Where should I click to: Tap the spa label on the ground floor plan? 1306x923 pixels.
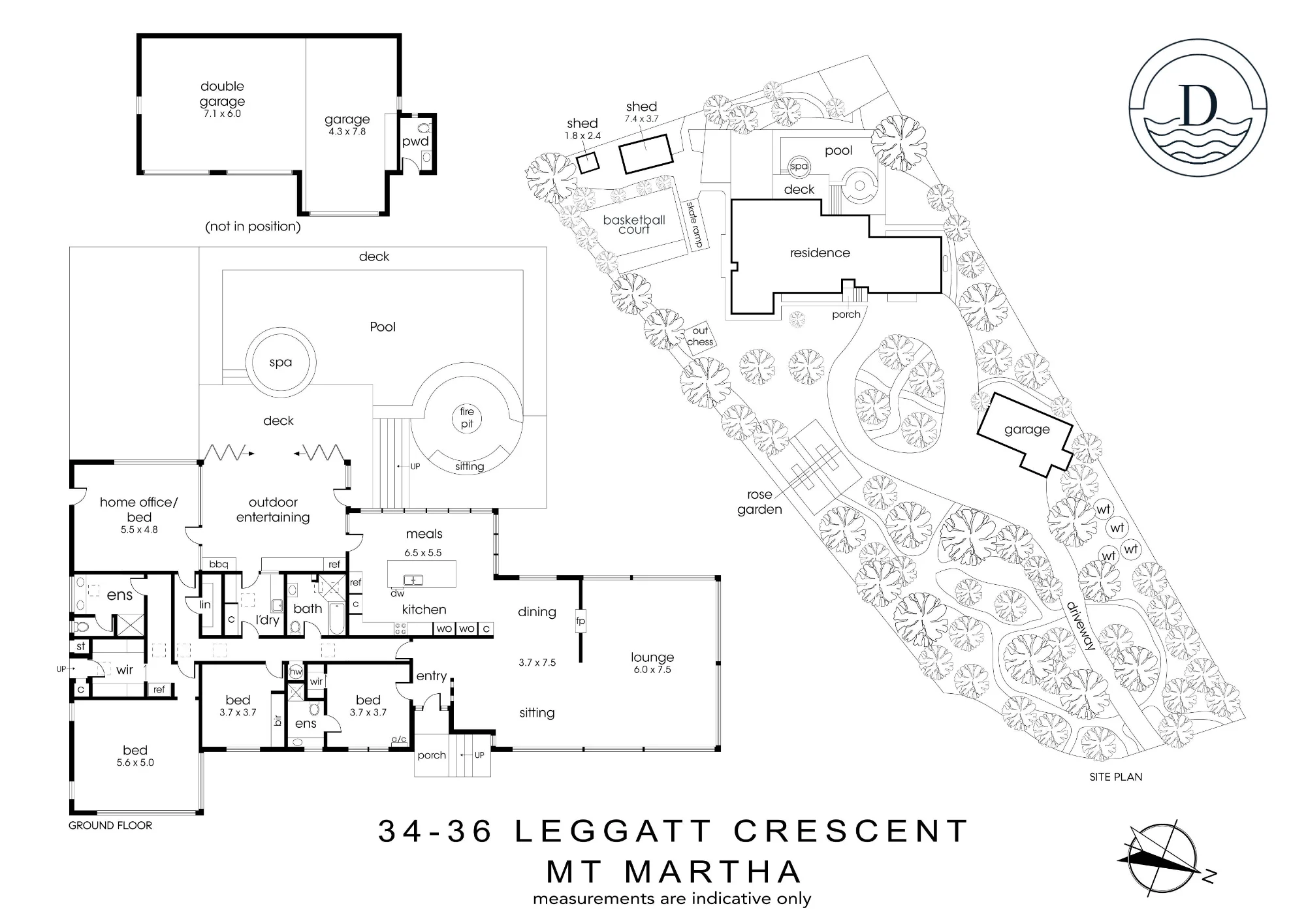click(281, 363)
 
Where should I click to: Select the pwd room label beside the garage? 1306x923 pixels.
click(415, 142)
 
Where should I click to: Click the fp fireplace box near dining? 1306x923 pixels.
click(581, 621)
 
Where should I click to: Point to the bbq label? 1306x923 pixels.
click(218, 564)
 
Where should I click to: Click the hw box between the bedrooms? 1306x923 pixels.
click(296, 672)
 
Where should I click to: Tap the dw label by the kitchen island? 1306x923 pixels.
click(398, 593)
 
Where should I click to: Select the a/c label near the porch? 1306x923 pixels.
click(399, 739)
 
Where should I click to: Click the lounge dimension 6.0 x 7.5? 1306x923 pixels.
click(652, 670)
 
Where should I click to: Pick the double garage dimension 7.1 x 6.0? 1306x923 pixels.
click(222, 114)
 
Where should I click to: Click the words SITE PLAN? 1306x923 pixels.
click(1116, 777)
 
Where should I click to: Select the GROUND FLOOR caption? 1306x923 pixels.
click(110, 825)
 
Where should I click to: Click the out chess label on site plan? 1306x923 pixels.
click(700, 336)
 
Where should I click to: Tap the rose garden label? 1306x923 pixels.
click(759, 502)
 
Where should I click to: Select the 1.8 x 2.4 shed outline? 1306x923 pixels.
click(588, 161)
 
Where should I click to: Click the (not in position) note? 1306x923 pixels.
click(253, 227)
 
